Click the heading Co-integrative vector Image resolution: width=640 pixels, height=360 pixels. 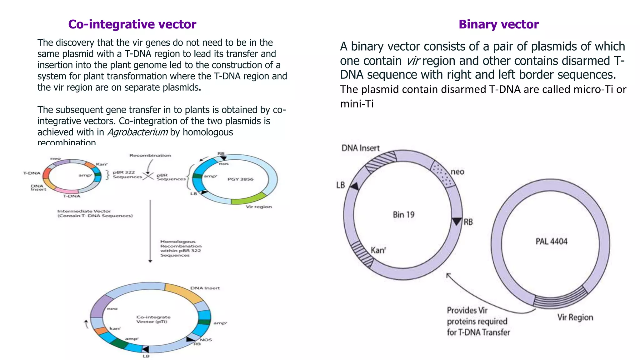point(132,24)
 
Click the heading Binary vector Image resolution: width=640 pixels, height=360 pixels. point(498,24)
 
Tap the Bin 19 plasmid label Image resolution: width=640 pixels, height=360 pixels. point(403,215)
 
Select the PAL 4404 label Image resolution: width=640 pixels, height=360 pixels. point(551,241)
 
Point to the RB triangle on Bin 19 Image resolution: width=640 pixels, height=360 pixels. point(457,221)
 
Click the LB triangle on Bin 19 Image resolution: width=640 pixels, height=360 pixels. point(354,187)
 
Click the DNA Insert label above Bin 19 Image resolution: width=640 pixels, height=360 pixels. point(360,148)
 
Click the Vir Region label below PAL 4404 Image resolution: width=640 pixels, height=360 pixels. point(575,317)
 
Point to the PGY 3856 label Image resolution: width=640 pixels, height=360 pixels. point(240,179)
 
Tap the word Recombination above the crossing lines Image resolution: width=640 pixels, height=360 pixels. point(150,155)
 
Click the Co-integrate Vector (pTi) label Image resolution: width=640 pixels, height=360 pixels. point(153,319)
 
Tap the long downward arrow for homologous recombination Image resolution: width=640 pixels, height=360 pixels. point(150,231)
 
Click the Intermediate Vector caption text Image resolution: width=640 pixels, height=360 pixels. point(95,213)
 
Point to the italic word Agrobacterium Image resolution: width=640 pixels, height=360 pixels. point(137,132)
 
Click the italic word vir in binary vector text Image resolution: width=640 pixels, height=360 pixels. point(412,61)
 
